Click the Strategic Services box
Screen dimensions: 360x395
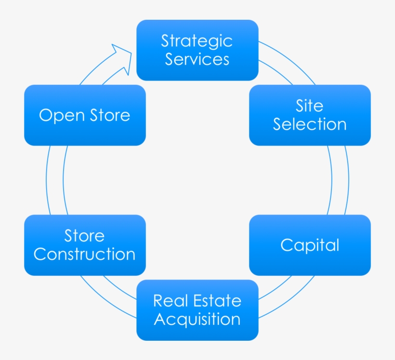coord(197,50)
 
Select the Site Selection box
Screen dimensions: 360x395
coord(310,115)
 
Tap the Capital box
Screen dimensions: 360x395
coord(310,245)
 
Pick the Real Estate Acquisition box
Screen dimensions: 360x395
coord(197,310)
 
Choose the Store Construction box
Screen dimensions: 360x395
coord(85,245)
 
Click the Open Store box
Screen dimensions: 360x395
coord(85,115)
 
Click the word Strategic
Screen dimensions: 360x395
coord(197,40)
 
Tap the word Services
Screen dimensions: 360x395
coord(197,59)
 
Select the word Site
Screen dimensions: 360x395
coord(310,106)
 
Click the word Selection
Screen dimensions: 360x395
coord(310,124)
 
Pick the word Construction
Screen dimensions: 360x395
coord(85,254)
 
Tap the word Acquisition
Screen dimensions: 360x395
coord(197,320)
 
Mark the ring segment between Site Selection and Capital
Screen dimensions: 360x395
coord(339,180)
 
